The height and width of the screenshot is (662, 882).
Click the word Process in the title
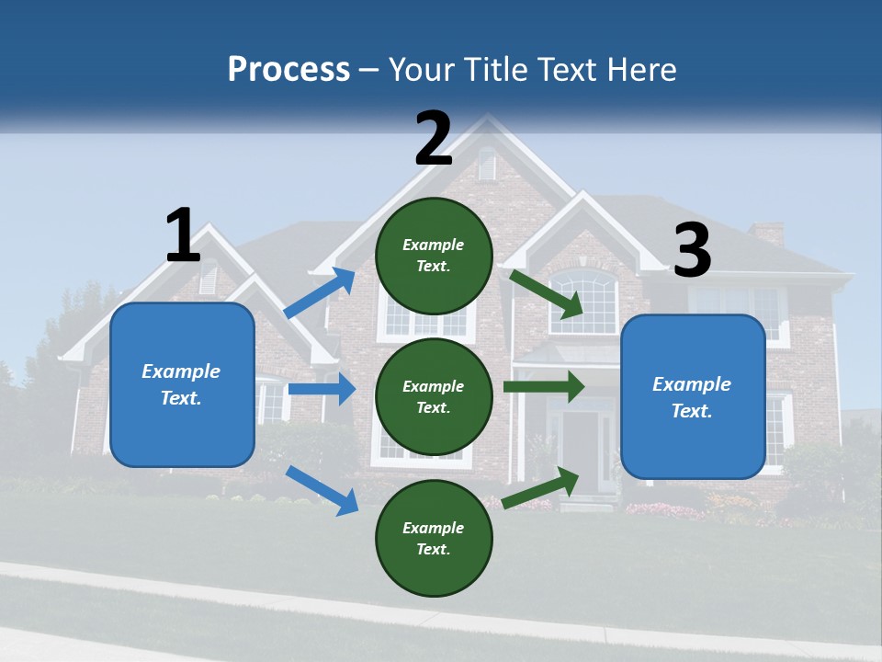pyautogui.click(x=288, y=70)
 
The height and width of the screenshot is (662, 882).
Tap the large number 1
pyautogui.click(x=183, y=235)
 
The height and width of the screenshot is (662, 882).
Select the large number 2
pyautogui.click(x=434, y=139)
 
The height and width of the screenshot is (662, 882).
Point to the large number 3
pyautogui.click(x=692, y=251)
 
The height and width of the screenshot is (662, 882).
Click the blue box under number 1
pyautogui.click(x=182, y=384)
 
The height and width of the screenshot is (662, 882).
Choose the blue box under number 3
pyautogui.click(x=693, y=397)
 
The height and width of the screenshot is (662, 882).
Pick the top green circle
pyautogui.click(x=434, y=256)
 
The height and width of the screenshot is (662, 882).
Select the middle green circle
pyautogui.click(x=434, y=397)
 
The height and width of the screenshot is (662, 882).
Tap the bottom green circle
pyautogui.click(x=434, y=539)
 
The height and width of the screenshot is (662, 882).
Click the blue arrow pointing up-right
pyautogui.click(x=321, y=293)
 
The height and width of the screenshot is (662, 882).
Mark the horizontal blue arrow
pyautogui.click(x=322, y=389)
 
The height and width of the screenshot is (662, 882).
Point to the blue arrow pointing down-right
pyautogui.click(x=322, y=490)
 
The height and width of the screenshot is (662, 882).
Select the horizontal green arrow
pyautogui.click(x=544, y=386)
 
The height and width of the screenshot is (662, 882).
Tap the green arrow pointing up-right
pyautogui.click(x=541, y=487)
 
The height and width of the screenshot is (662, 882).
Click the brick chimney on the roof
pyautogui.click(x=767, y=234)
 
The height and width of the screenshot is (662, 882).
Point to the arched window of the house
pyautogui.click(x=583, y=301)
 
